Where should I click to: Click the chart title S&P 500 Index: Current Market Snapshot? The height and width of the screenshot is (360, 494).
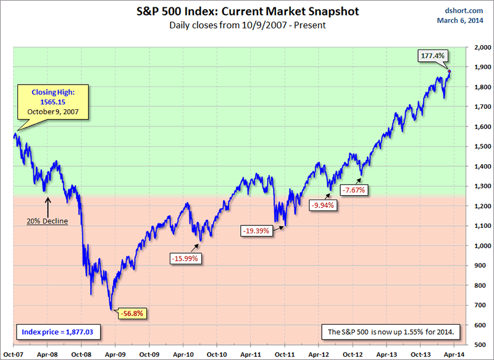point(246,12)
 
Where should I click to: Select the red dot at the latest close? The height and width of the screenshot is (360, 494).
point(449,72)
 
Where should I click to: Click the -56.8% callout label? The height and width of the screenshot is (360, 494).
point(133,313)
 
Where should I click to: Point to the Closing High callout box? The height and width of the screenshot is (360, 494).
point(52,101)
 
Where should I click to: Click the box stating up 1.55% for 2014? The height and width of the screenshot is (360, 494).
point(390,332)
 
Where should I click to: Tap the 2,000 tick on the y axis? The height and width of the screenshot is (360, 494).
point(477,47)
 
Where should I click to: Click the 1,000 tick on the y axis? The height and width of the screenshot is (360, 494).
point(477,246)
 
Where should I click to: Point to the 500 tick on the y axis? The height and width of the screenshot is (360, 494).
point(479,345)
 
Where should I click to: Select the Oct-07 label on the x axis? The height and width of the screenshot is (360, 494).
point(13,354)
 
